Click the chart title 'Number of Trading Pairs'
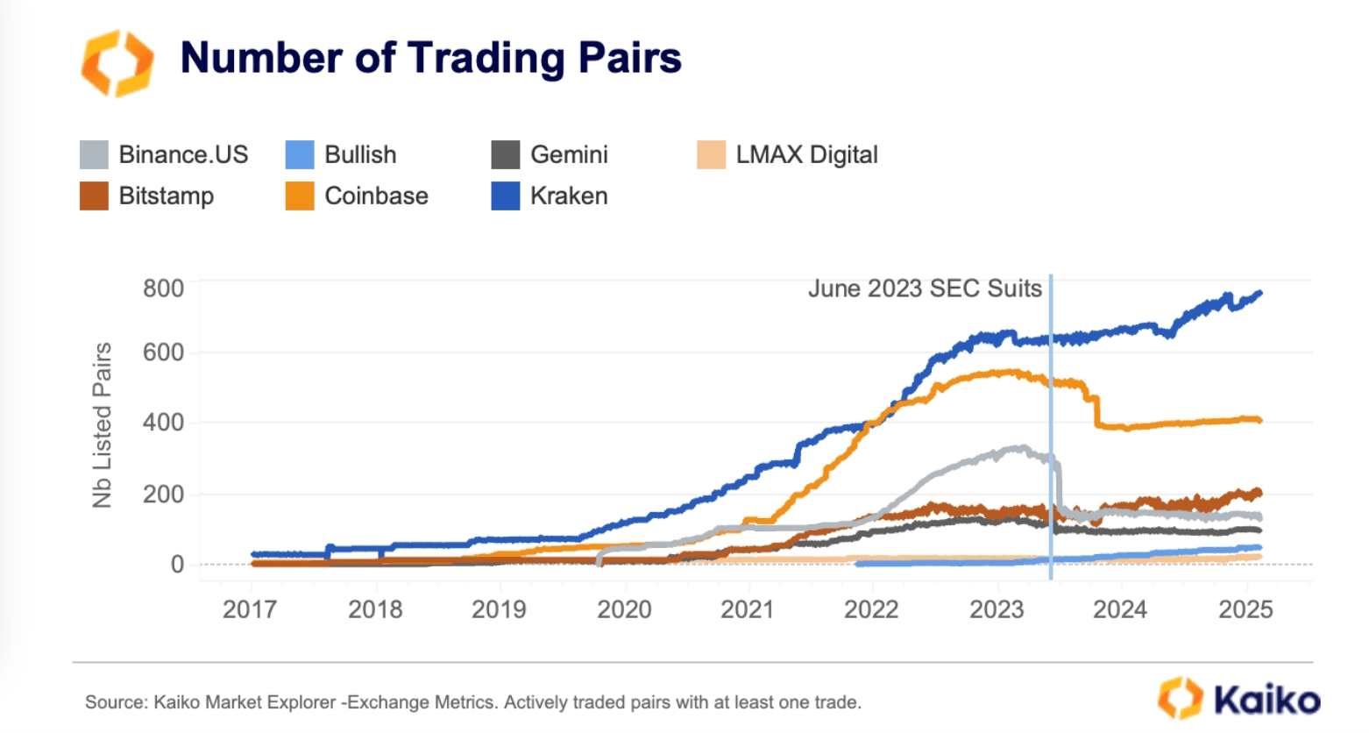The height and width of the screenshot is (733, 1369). point(430,58)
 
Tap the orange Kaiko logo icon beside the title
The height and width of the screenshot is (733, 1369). point(117,62)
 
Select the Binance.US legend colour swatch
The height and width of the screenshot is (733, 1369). point(94,155)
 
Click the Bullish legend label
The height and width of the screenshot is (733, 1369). point(360,155)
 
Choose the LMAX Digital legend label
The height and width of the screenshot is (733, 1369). point(806,155)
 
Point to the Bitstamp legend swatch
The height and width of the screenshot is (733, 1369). point(94,196)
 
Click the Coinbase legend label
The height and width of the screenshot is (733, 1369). point(376,196)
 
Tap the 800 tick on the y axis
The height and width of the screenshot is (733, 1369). point(164,288)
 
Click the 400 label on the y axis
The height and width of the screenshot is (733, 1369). point(164,423)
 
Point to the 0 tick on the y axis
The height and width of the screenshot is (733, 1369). point(177,565)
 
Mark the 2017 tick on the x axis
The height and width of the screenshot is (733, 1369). point(250,609)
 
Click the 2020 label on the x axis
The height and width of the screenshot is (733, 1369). point(624,609)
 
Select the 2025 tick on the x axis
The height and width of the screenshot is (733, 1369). point(1245,609)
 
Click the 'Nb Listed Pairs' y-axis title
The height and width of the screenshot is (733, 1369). point(103,425)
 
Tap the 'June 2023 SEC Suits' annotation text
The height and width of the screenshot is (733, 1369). point(925,288)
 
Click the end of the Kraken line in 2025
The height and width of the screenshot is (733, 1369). point(1259,294)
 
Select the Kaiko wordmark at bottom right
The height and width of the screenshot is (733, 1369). point(1266,700)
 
